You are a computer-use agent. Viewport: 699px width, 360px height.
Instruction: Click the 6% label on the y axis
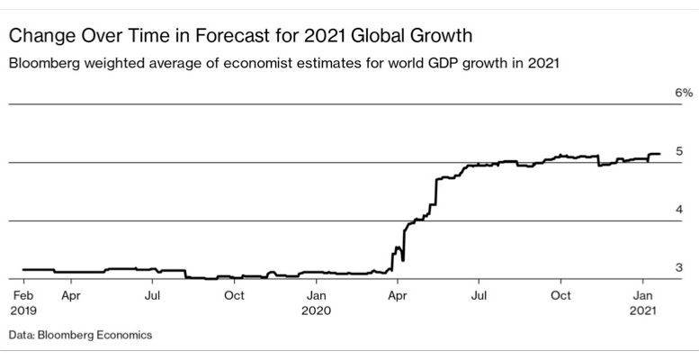683,93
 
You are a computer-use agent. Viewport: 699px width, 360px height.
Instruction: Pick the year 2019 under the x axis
22,310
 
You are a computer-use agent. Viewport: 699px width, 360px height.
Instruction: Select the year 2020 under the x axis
317,310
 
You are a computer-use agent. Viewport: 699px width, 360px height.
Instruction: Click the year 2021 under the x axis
644,310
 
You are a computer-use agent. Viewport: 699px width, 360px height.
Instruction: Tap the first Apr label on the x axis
71,294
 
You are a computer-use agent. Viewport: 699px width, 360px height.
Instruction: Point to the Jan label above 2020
317,294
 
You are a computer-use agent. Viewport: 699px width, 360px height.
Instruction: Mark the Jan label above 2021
644,294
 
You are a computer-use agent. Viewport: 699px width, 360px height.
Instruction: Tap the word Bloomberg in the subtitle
41,65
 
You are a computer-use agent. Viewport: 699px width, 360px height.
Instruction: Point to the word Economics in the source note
121,335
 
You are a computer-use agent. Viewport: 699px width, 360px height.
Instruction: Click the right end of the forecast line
659,154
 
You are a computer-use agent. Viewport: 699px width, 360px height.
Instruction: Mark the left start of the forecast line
22,269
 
